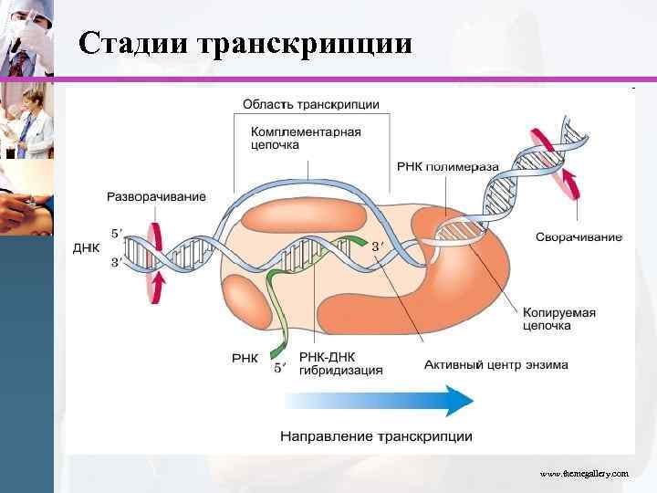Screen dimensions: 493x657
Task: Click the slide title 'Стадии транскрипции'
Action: click(x=245, y=44)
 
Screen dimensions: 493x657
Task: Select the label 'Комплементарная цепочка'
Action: click(x=306, y=138)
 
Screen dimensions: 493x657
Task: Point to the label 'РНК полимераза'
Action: click(x=448, y=167)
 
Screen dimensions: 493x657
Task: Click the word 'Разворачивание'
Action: click(x=157, y=196)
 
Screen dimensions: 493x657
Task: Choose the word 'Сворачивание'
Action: click(x=579, y=237)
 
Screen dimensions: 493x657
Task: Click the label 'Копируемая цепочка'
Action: click(x=558, y=319)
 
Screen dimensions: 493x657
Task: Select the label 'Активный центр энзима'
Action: click(x=495, y=365)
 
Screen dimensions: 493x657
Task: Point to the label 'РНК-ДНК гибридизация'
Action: click(x=341, y=363)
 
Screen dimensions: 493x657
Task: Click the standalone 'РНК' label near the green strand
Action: click(x=245, y=358)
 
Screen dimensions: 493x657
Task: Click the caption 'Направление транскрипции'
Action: click(x=376, y=436)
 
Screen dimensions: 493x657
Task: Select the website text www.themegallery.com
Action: click(x=584, y=474)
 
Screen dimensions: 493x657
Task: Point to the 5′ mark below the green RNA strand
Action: click(x=281, y=368)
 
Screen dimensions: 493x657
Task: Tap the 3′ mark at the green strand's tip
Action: click(x=378, y=246)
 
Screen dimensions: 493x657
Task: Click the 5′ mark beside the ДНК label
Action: click(x=116, y=234)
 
